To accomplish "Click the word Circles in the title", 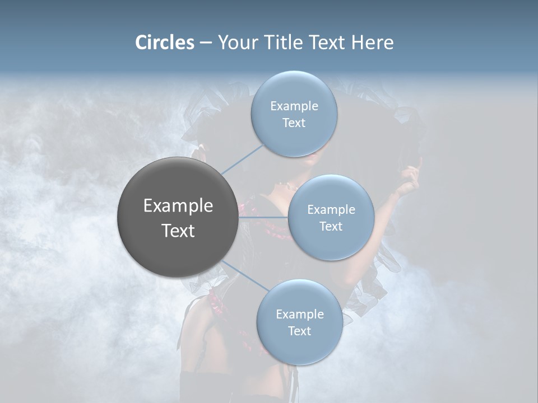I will pyautogui.click(x=164, y=43).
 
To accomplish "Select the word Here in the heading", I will pyautogui.click(x=372, y=43).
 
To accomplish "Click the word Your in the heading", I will pyautogui.click(x=238, y=43).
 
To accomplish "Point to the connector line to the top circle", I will pyautogui.click(x=242, y=158).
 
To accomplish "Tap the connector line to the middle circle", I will pyautogui.click(x=263, y=217).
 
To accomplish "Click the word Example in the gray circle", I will pyautogui.click(x=178, y=206).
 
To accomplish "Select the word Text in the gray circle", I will pyautogui.click(x=178, y=231).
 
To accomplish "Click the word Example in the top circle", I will pyautogui.click(x=294, y=106).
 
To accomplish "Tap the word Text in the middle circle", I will pyautogui.click(x=331, y=226).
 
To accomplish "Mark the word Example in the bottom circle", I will pyautogui.click(x=299, y=315).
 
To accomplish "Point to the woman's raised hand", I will pyautogui.click(x=412, y=178).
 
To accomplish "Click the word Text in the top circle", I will pyautogui.click(x=294, y=123).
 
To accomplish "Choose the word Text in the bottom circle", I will pyautogui.click(x=299, y=331).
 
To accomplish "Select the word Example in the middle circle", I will pyautogui.click(x=331, y=210).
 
